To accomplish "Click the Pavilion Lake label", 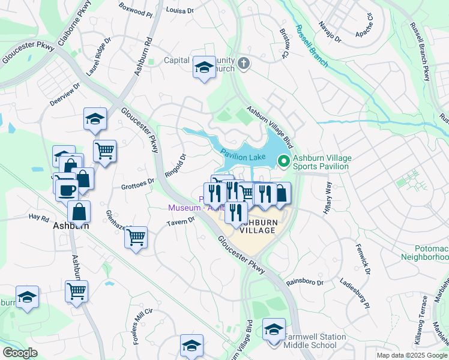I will tap(243, 155).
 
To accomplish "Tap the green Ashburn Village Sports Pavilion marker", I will tap(283, 161).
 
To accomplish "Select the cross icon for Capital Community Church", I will tap(243, 64).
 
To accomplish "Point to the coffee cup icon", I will tap(67, 189).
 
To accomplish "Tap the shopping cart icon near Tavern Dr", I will tap(136, 237).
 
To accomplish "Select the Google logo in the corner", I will tap(20, 353).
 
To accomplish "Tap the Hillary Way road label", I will tap(328, 196).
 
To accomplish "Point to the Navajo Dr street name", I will tap(330, 32).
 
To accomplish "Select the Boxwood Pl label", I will tap(132, 10).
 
